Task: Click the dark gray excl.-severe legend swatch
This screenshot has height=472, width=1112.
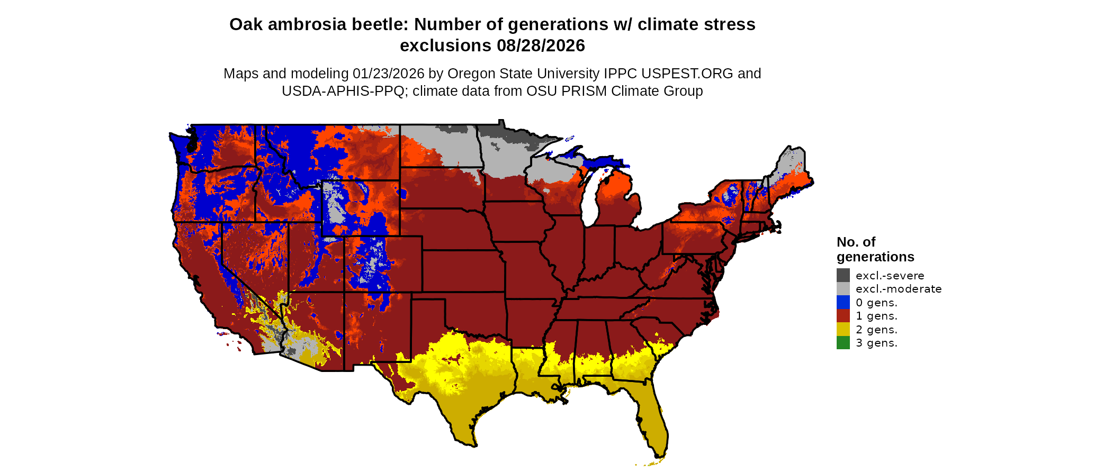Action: tap(843, 275)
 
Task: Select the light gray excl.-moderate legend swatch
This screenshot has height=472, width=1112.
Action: tap(843, 289)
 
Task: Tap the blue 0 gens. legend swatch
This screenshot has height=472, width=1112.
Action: tap(843, 302)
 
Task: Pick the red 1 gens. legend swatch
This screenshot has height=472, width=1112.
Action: tap(843, 316)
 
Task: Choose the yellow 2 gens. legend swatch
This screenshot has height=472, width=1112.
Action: tap(843, 329)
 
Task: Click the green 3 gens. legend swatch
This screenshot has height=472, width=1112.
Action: tap(843, 343)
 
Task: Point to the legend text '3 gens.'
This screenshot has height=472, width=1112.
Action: tap(876, 343)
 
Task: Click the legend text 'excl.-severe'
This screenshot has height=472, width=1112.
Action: tap(890, 276)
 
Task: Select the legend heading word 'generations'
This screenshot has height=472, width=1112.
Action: tap(875, 257)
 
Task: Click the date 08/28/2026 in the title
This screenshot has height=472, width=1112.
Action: tap(541, 46)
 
